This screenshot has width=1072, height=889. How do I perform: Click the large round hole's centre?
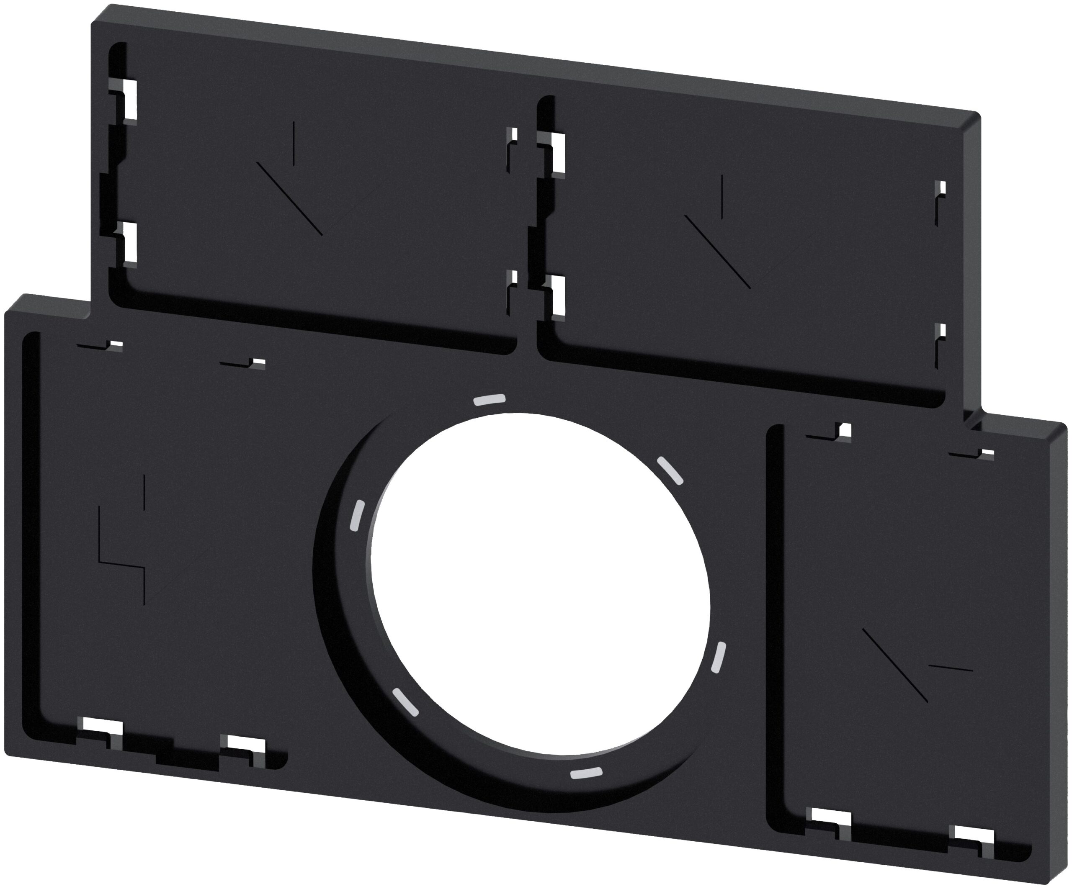540,585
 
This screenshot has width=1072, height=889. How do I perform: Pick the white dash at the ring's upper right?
669,470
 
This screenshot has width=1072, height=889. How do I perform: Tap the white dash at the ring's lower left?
405,702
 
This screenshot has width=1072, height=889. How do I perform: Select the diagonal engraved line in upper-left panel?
289,198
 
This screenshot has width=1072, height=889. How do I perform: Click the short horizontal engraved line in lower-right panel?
951,668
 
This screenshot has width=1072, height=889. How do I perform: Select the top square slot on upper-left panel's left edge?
131,100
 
